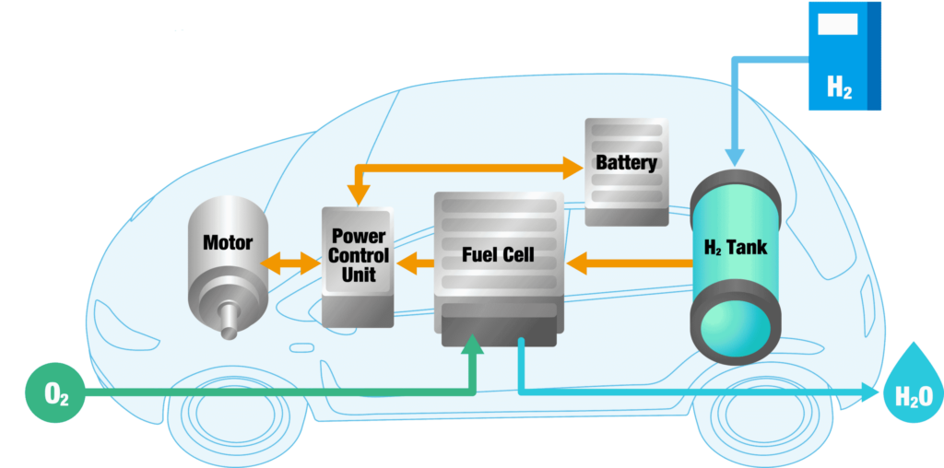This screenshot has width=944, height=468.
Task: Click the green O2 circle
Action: point(54,392)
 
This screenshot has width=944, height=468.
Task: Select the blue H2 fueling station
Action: point(844,56)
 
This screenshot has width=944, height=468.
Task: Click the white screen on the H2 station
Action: point(837,24)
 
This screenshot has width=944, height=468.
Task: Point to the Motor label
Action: point(228,243)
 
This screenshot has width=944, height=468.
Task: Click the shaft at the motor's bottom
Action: point(230,321)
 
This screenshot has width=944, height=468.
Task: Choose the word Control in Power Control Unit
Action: point(358,255)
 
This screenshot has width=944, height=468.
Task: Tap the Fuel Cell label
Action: point(498,254)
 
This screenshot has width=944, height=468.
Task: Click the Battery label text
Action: point(626,163)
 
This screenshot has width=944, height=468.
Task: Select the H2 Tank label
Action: point(736,247)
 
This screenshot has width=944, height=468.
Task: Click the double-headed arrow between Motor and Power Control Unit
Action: point(290,263)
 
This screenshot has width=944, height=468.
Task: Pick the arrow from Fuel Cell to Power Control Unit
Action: point(415,263)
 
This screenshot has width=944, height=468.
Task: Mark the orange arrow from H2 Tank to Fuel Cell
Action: point(629,263)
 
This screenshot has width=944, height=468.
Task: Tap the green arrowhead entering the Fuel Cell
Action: point(473,343)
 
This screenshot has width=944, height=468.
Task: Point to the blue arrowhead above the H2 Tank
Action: point(735,157)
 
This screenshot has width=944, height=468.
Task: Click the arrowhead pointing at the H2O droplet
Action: point(869,392)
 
